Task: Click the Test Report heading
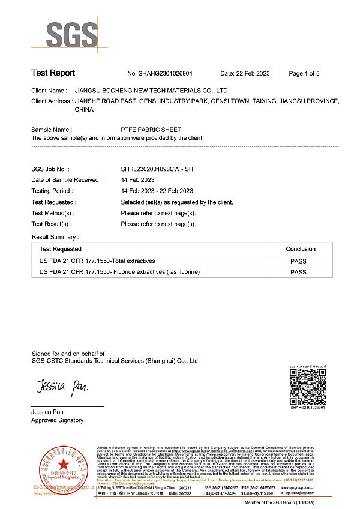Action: (53, 73)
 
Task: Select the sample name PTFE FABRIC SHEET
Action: (151, 130)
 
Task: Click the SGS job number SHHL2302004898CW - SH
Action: (157, 169)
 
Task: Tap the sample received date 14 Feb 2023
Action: (137, 180)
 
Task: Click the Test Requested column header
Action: (61, 249)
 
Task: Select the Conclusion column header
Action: (301, 249)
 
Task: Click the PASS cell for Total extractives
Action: (298, 261)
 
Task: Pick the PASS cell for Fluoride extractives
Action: (298, 273)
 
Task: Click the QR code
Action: (307, 387)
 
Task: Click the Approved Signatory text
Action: (58, 420)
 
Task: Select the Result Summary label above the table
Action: (55, 238)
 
